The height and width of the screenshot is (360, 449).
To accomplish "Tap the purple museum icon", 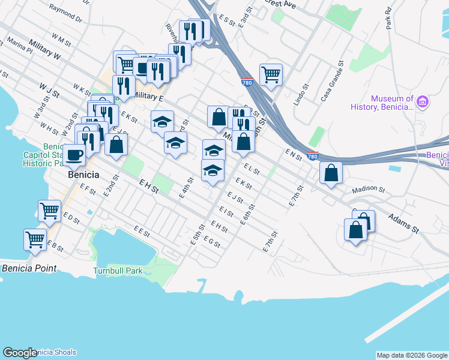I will [423, 102].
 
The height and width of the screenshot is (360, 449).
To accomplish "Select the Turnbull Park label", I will [118, 271].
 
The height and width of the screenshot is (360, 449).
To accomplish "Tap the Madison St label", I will [368, 189].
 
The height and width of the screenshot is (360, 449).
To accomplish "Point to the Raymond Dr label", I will [65, 14].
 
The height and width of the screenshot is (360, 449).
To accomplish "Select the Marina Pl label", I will [20, 46].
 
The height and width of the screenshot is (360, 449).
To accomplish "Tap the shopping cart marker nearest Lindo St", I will [271, 75].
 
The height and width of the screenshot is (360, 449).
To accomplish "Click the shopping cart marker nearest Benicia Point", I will [35, 239].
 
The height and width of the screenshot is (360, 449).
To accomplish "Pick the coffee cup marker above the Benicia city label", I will [74, 155].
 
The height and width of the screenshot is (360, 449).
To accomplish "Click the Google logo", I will [20, 353].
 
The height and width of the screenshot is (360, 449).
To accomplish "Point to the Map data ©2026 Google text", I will [411, 355].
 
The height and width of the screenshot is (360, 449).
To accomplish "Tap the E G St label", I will [212, 242].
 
